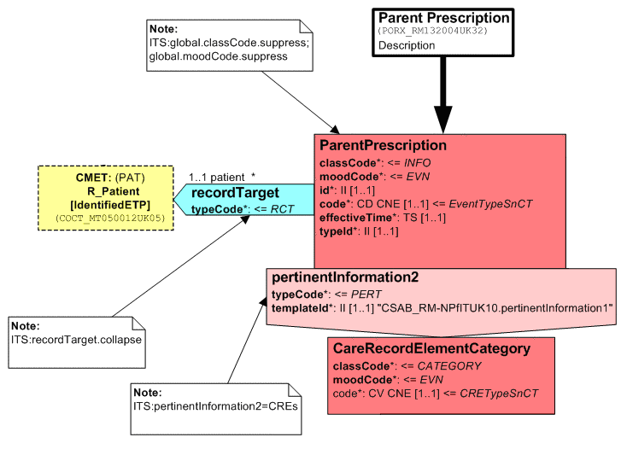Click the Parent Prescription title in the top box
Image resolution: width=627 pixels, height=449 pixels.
pos(444,18)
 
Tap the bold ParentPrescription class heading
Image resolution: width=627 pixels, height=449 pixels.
pos(383,145)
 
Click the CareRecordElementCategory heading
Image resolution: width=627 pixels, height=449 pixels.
pos(431,348)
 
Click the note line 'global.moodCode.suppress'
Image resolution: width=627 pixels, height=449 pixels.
pos(218,56)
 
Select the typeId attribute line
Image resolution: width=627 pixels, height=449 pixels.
pos(339,232)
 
